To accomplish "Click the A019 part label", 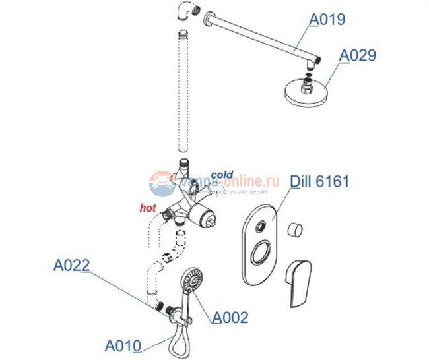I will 327,20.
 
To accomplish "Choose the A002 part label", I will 230,318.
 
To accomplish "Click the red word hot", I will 147,208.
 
